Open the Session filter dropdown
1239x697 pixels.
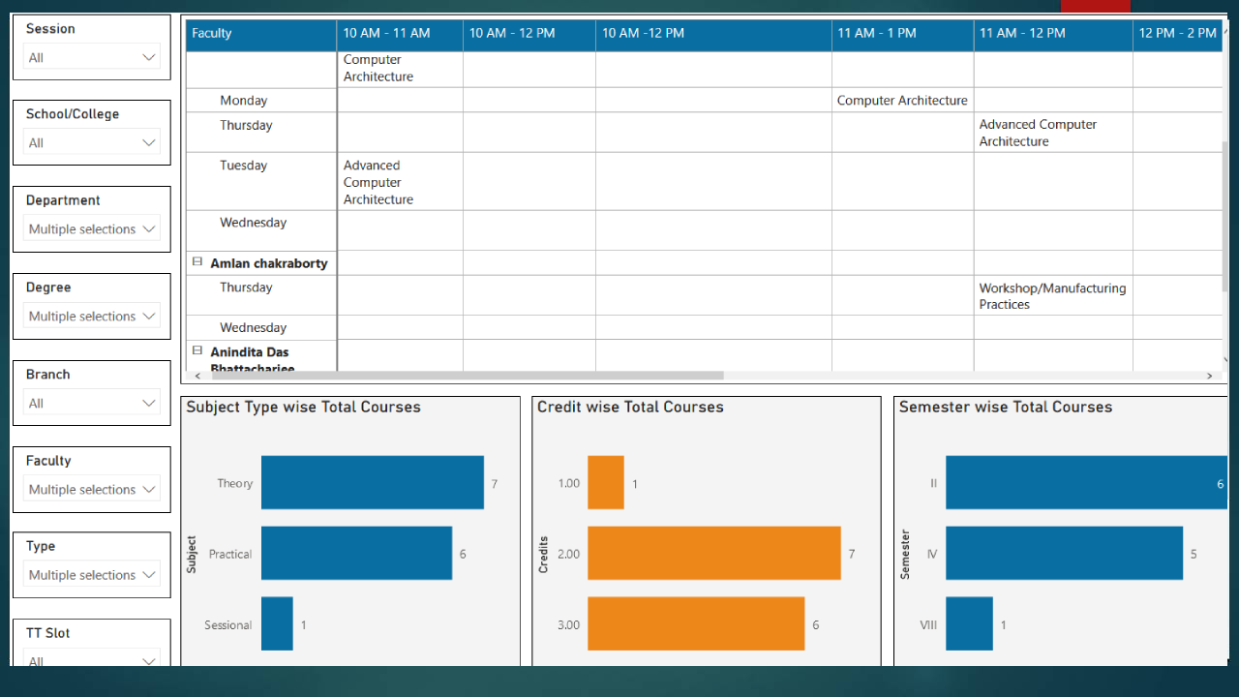coord(92,57)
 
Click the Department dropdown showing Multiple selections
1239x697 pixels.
coord(92,229)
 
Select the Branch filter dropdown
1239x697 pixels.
coord(92,403)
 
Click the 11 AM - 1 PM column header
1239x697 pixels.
coord(876,33)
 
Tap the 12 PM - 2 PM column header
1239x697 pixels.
coord(1177,33)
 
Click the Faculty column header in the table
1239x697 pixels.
coord(212,33)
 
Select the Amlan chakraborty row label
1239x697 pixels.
coord(268,263)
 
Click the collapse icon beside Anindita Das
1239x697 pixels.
coord(197,350)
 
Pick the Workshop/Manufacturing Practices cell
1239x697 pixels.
coord(1052,295)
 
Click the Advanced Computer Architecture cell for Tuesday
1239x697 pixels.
coord(378,182)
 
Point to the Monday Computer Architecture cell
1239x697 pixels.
coord(901,101)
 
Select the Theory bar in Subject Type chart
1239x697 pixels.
coord(372,482)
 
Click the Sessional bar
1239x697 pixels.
coord(277,623)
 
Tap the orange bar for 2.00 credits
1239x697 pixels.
coord(713,553)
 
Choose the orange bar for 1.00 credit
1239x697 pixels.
coord(605,482)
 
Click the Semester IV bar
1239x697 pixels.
coord(1064,553)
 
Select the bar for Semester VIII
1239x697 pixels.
coord(969,623)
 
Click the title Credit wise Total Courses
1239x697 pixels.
coord(630,408)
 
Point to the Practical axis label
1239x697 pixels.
coord(230,554)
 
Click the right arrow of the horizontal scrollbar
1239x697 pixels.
coord(1209,376)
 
